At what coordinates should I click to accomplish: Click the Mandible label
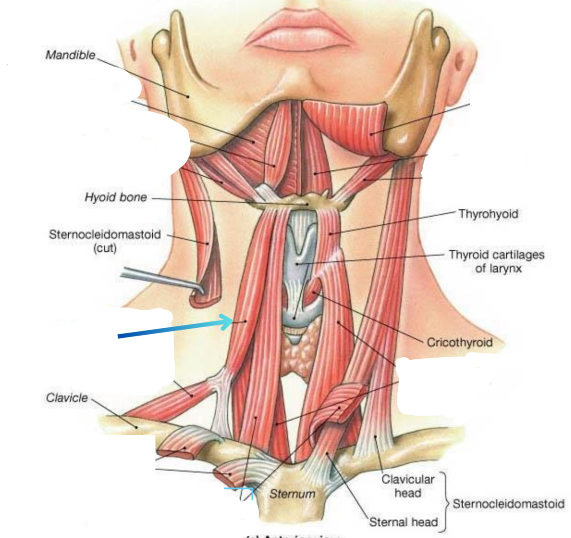pos(70,55)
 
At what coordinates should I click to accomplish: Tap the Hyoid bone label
pos(116,198)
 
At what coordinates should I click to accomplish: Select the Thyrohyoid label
pos(488,214)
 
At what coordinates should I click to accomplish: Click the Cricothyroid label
pos(460,342)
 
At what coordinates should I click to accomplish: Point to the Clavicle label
pos(67,398)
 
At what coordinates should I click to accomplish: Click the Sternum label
pos(292,494)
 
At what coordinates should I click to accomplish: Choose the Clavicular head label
pos(408,486)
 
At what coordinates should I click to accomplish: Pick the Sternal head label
pos(403,522)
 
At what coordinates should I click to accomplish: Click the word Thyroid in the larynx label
pos(470,254)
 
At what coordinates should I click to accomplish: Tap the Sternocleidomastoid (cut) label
pos(105,241)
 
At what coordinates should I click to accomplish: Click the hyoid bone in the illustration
pos(303,201)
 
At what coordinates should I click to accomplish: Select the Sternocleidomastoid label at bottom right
pos(508,504)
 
